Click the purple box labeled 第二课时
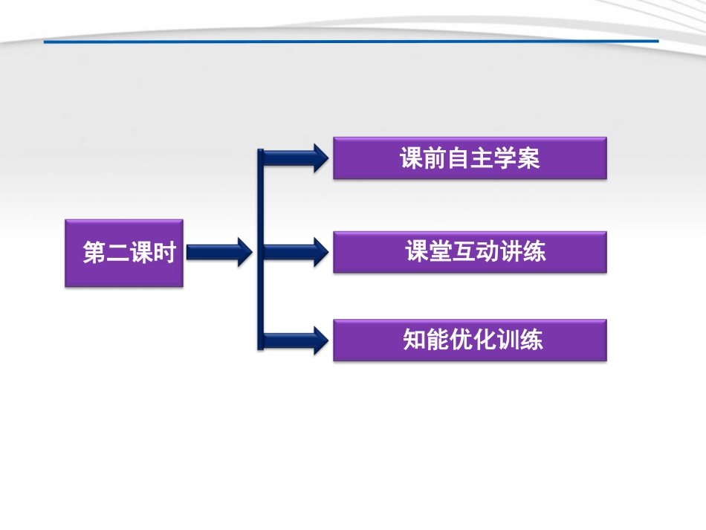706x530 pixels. click(124, 253)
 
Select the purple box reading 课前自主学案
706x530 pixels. click(470, 158)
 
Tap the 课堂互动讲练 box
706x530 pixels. click(470, 252)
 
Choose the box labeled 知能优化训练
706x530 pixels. click(470, 340)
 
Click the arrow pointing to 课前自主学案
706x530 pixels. click(297, 158)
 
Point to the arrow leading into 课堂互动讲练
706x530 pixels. click(297, 252)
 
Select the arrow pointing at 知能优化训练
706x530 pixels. click(297, 340)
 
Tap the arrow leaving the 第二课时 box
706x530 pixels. click(218, 253)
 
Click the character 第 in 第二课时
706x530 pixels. click(94, 253)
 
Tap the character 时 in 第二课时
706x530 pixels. click(163, 253)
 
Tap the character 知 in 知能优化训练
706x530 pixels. click(414, 340)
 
